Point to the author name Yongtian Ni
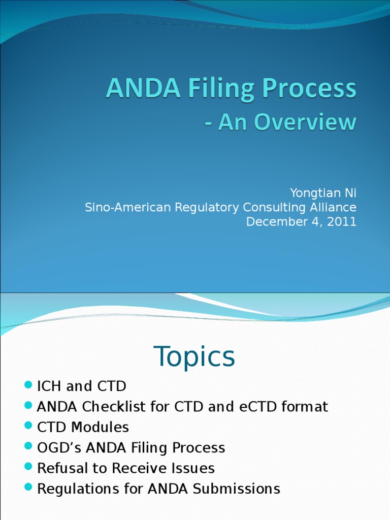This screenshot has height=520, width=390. tap(323, 193)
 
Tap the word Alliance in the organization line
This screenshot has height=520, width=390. tap(333, 207)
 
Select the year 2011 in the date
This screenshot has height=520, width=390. tap(342, 222)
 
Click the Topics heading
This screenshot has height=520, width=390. tap(194, 356)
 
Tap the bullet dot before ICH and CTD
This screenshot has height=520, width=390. tap(28, 385)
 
